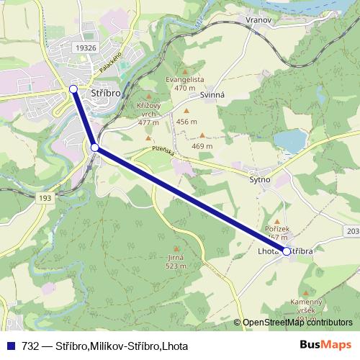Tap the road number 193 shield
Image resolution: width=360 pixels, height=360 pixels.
pos(45,197)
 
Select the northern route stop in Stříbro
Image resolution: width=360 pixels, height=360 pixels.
pos(73,89)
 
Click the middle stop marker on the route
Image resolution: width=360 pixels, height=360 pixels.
pos(95,148)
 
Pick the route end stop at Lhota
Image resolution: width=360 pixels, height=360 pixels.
pos(287,251)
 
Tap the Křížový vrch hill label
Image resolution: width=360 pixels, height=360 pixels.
pos(148,113)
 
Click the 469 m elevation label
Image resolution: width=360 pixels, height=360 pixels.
pos(202,145)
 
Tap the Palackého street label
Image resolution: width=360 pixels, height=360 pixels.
pos(109,63)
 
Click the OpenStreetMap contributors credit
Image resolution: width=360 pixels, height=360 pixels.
pos(297,323)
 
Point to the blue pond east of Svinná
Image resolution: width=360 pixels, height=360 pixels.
pos(289,140)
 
